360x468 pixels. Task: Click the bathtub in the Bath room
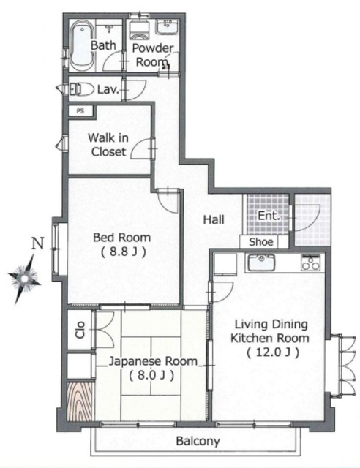(x=82, y=45)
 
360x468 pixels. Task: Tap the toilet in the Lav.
(x=81, y=89)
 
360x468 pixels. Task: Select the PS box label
(x=80, y=111)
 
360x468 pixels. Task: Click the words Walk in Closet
(x=108, y=145)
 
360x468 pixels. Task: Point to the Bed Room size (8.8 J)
(x=124, y=252)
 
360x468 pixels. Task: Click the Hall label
(x=214, y=220)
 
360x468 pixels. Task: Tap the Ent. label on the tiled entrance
(x=269, y=216)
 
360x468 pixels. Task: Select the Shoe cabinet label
(x=261, y=242)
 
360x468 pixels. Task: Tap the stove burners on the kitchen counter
(x=311, y=263)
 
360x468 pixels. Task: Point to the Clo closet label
(x=80, y=330)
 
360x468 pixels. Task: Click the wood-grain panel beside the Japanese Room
(x=80, y=401)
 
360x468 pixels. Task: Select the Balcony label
(x=198, y=441)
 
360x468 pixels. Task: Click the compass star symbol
(x=24, y=279)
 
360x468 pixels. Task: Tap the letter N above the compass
(x=38, y=244)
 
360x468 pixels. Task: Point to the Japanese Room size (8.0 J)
(x=151, y=375)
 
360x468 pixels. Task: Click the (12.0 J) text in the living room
(x=273, y=352)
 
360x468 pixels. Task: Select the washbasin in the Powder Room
(x=168, y=27)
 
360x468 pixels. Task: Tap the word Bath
(x=103, y=45)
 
